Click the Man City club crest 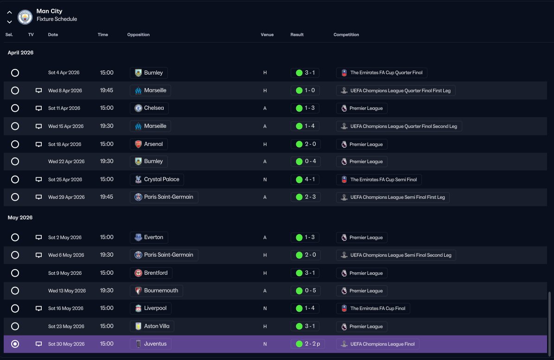pyautogui.click(x=25, y=17)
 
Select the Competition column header pyautogui.click(x=346, y=35)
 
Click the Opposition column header pyautogui.click(x=139, y=35)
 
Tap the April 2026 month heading pyautogui.click(x=20, y=53)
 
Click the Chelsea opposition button pyautogui.click(x=149, y=108)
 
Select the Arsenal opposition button pyautogui.click(x=149, y=144)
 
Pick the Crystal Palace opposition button pyautogui.click(x=157, y=179)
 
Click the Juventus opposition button pyautogui.click(x=151, y=344)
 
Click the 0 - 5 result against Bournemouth pyautogui.click(x=306, y=291)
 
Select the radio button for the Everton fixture pyautogui.click(x=15, y=237)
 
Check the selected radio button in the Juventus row pyautogui.click(x=15, y=344)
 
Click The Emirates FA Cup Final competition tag pyautogui.click(x=373, y=309)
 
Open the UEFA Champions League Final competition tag pyautogui.click(x=378, y=344)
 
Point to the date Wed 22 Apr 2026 pyautogui.click(x=66, y=162)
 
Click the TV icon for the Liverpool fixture pyautogui.click(x=38, y=309)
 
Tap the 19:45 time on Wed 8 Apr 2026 pyautogui.click(x=106, y=90)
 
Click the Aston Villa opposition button pyautogui.click(x=152, y=326)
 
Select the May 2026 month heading pyautogui.click(x=20, y=217)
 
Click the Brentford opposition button pyautogui.click(x=151, y=273)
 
